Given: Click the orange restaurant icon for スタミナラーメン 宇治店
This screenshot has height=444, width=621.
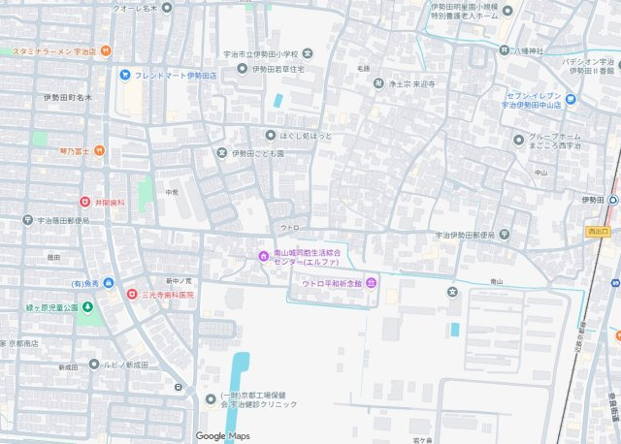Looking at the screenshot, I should point(106,50).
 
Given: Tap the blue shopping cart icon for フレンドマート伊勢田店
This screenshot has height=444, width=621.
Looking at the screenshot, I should point(125,74).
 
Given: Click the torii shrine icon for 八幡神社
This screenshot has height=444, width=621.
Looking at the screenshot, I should point(505,49).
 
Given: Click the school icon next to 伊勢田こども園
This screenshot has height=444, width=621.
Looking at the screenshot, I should point(221,152).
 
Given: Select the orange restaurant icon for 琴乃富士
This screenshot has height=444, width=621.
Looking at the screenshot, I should point(98,151).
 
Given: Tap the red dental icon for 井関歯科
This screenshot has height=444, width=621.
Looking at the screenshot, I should point(85,202).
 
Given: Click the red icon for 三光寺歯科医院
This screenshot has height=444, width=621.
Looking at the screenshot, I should point(132,293).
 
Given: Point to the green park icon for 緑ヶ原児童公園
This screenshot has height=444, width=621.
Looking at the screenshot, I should point(87,308).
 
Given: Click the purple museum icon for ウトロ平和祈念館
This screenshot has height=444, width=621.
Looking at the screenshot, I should point(372,283).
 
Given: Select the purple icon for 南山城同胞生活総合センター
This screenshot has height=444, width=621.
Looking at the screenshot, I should point(262,255).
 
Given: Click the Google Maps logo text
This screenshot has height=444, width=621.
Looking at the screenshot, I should point(222,435).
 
